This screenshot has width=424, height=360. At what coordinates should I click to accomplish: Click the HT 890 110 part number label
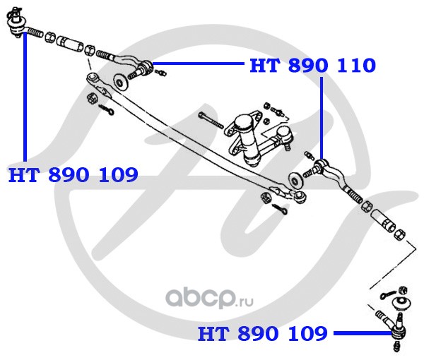point(312,66)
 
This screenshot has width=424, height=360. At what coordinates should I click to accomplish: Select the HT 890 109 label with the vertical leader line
point(73,175)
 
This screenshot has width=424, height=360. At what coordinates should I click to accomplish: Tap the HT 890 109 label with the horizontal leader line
point(263,334)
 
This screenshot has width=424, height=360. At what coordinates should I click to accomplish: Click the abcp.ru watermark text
point(209,299)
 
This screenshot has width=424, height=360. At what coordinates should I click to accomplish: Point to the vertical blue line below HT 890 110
point(322,118)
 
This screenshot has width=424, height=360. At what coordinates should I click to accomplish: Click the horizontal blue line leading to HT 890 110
point(199,64)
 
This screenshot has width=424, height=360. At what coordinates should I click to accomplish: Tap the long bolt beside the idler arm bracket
point(211,120)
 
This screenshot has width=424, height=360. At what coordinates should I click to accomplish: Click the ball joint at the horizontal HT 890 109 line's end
point(397,330)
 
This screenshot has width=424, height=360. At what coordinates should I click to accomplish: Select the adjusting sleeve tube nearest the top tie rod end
point(70,43)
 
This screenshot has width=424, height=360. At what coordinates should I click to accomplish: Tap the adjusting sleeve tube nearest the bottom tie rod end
point(384,220)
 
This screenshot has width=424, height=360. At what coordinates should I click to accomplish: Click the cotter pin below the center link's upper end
point(107,109)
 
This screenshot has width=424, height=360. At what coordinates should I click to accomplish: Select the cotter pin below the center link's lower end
point(280,209)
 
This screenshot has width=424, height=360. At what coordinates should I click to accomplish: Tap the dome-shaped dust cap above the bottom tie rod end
point(403,303)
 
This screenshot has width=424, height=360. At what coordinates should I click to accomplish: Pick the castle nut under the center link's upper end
point(91,98)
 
